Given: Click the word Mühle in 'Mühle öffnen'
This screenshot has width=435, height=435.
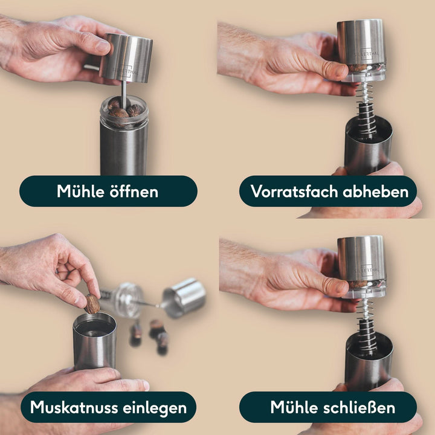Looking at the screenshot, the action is coord(80,191).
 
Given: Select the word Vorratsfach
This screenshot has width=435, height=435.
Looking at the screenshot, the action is coord(294,192).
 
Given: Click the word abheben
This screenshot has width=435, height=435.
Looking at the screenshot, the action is coord(376,192).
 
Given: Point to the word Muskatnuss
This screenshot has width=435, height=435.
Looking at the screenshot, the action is coord(73,407).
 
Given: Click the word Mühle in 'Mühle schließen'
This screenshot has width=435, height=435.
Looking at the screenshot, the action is coord(294,407).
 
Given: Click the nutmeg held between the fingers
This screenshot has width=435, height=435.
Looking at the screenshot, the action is coord(92,304).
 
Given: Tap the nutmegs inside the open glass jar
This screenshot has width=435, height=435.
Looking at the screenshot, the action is coord(124,109).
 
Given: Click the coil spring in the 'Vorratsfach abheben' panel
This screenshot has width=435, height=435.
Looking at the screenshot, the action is coord(366,108).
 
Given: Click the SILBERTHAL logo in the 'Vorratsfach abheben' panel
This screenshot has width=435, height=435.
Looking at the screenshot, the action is coord(367,54).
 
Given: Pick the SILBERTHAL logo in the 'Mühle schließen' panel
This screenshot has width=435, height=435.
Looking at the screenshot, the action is coord(367,269).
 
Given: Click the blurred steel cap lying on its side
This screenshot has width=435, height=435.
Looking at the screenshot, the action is coord(184,297).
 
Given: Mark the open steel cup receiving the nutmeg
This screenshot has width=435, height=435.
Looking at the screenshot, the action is coord(94,341).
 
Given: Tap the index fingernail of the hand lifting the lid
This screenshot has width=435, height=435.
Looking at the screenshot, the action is coord(103,47).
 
